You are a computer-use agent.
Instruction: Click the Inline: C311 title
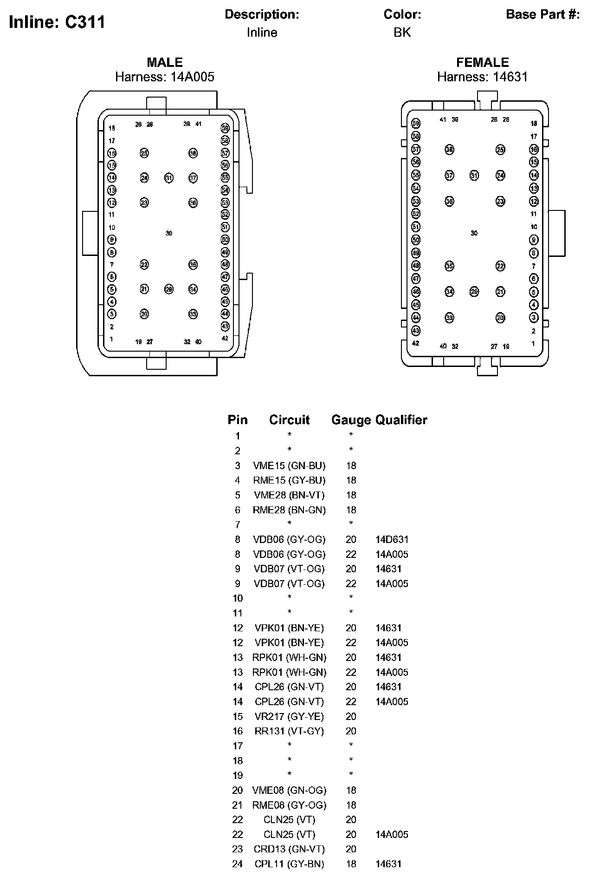coord(57,22)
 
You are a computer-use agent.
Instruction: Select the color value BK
coord(402,33)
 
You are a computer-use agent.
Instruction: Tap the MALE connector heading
coord(165,62)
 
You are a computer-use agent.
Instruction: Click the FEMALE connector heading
coord(482,62)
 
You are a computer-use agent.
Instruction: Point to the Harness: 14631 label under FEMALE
coord(482,77)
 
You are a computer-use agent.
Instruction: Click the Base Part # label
coord(542,14)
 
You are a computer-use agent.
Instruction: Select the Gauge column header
coord(351,420)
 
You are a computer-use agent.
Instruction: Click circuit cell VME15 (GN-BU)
coord(289,465)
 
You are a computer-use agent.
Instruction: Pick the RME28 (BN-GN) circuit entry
coord(289,510)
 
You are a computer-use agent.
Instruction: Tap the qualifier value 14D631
coord(392,539)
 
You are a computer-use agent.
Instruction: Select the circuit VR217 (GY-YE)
coord(289,716)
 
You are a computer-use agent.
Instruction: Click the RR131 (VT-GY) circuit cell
coord(289,731)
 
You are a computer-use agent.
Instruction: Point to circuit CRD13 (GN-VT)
coord(289,849)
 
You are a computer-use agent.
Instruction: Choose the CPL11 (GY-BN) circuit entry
coord(289,864)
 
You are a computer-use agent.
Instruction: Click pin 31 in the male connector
coord(168,178)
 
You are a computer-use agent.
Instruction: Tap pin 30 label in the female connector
coord(474,233)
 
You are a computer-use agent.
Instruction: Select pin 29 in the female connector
coord(474,292)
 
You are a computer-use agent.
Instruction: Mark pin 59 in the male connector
coord(225,128)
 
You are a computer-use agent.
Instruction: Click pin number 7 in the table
coord(238,525)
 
